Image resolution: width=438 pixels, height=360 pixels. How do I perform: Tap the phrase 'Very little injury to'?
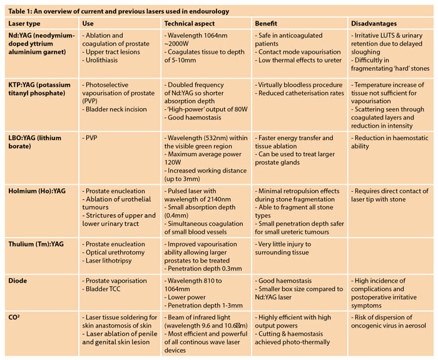tap(288, 244)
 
